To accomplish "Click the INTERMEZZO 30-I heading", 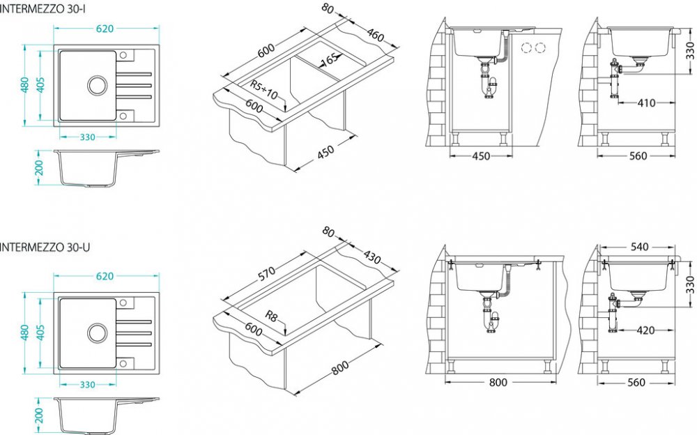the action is tap(43, 9).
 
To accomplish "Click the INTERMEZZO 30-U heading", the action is tap(45, 247).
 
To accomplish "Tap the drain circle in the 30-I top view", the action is tap(97, 85).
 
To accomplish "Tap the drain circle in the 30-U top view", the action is tap(97, 333).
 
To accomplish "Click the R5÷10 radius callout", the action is tap(263, 90).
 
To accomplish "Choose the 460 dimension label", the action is tap(376, 34).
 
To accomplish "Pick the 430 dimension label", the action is tap(372, 257).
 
